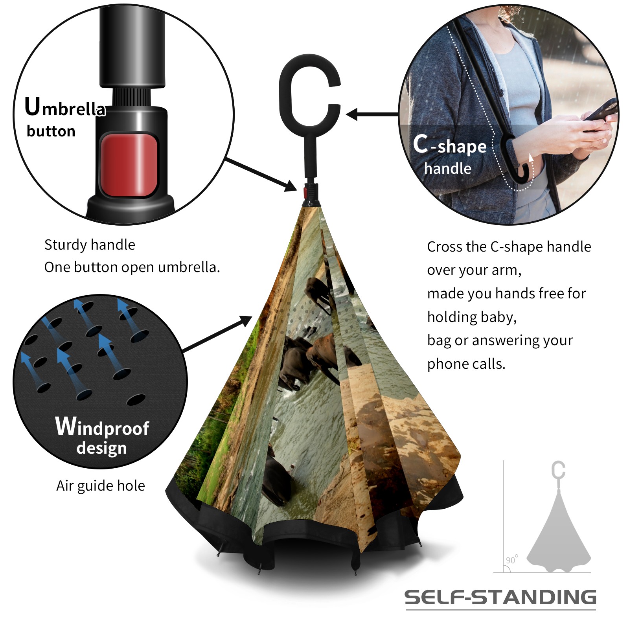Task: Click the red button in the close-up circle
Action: point(129,165)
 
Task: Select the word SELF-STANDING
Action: point(500,597)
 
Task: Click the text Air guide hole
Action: point(101,486)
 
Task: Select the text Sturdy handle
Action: point(90,245)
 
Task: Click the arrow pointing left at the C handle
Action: point(373,114)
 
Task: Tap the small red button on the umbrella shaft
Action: point(305,192)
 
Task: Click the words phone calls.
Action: point(466,364)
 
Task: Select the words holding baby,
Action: point(472,317)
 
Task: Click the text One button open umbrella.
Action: point(132,267)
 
